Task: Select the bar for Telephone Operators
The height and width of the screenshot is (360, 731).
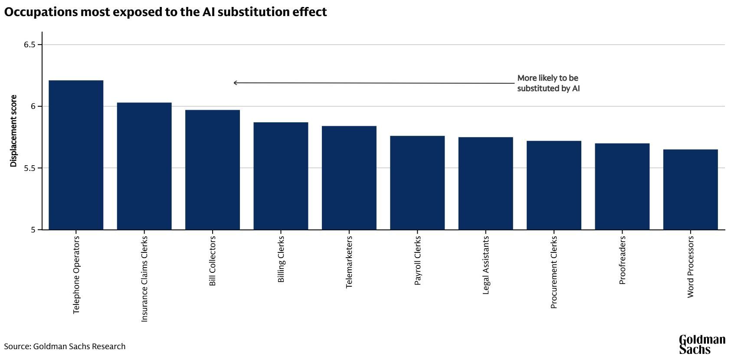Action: tap(76, 155)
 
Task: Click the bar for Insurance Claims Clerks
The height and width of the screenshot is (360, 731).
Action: tap(144, 166)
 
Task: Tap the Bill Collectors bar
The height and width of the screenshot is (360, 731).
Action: tap(213, 170)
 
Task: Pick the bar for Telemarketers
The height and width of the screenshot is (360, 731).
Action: tap(349, 178)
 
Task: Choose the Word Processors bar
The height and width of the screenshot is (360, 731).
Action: tap(691, 190)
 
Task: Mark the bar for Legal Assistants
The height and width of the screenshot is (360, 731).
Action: tap(485, 183)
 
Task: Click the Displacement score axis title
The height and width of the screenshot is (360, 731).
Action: tap(13, 131)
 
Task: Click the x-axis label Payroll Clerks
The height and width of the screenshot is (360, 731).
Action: tap(418, 261)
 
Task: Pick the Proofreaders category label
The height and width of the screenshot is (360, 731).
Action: tap(622, 260)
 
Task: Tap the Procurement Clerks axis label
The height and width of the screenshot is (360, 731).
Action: tap(554, 272)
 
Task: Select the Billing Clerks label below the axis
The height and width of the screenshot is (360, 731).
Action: tap(281, 259)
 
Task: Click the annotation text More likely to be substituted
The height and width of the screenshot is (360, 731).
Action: tap(548, 83)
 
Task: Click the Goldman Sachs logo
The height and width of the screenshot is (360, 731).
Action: tap(701, 344)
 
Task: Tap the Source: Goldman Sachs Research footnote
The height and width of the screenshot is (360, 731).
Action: tap(65, 347)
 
